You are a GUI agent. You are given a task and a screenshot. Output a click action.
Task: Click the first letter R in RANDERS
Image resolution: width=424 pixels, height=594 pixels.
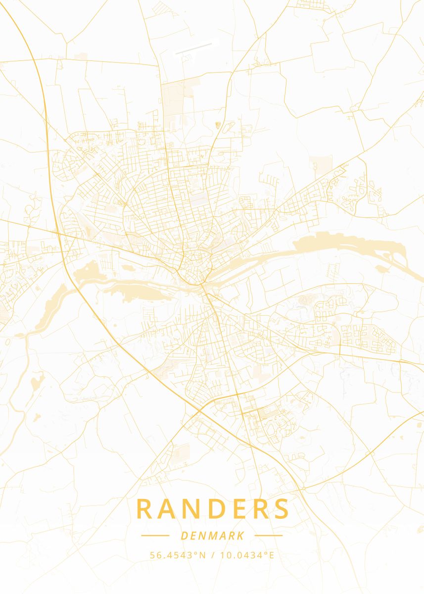(x=144, y=509)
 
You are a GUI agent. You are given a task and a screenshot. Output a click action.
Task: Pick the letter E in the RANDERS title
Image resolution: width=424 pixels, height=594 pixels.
(x=243, y=509)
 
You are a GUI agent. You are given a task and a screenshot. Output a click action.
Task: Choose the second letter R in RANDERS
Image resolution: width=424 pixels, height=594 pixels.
(x=262, y=509)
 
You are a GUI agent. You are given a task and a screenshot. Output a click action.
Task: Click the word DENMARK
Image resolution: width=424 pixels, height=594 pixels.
(x=212, y=536)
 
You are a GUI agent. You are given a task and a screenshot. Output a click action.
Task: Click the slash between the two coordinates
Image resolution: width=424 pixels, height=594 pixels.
(x=212, y=555)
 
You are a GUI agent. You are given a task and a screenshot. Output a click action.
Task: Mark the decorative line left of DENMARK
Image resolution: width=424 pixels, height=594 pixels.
(x=155, y=536)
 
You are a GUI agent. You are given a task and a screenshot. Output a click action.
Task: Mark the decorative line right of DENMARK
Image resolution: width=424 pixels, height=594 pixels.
(x=268, y=536)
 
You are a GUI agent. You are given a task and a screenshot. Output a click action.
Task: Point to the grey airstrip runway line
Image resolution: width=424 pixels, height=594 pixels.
(x=193, y=49)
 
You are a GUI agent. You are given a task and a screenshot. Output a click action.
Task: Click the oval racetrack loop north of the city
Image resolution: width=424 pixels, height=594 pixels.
(x=227, y=128)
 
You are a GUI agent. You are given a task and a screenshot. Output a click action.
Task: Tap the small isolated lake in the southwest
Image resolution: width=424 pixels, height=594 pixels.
(x=37, y=382)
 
